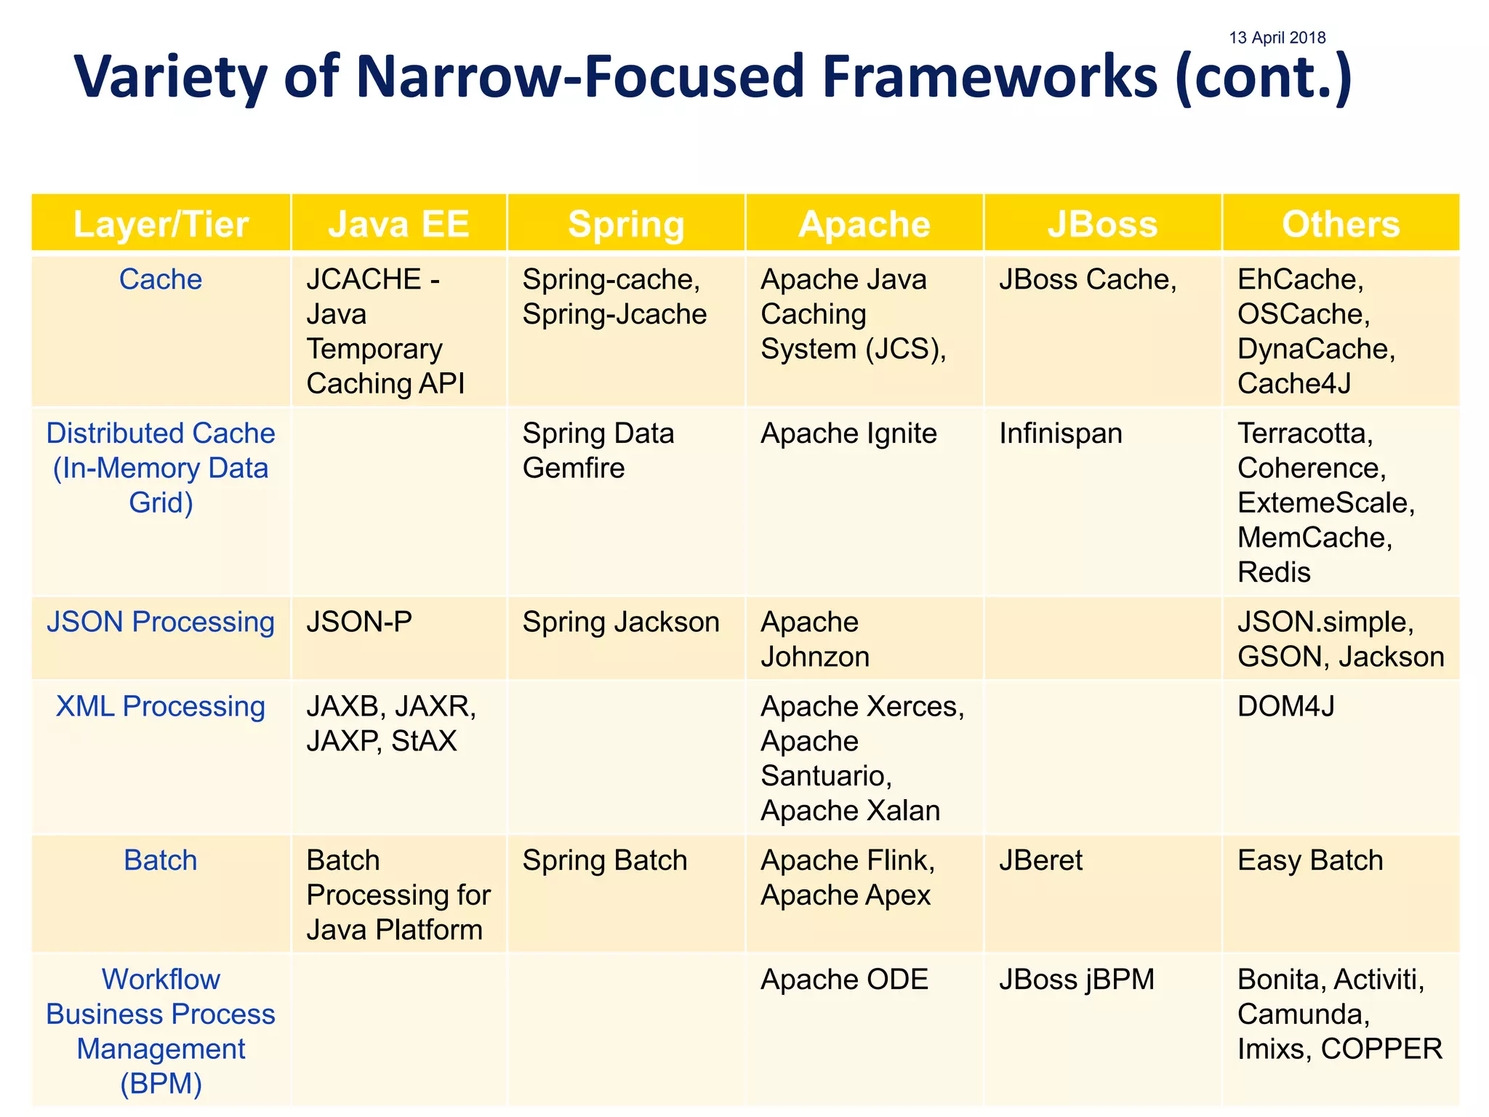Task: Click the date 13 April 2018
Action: click(x=1277, y=38)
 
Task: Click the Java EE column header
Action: click(x=398, y=224)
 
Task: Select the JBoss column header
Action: click(x=1102, y=224)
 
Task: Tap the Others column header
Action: click(x=1341, y=224)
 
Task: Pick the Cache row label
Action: click(x=161, y=279)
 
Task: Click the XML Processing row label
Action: click(x=161, y=706)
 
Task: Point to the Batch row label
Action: click(x=161, y=860)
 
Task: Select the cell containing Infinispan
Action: click(x=1060, y=433)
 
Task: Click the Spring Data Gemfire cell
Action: click(x=598, y=450)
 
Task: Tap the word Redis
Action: click(x=1274, y=572)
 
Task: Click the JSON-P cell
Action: click(x=359, y=622)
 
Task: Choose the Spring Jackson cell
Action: click(x=621, y=622)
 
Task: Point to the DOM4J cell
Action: click(x=1285, y=706)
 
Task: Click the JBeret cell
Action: click(x=1040, y=860)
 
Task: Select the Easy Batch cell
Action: click(x=1310, y=860)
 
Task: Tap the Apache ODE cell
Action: click(x=844, y=980)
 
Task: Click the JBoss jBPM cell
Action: click(x=1076, y=980)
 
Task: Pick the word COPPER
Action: click(x=1381, y=1049)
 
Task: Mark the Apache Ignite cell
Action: click(x=848, y=433)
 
